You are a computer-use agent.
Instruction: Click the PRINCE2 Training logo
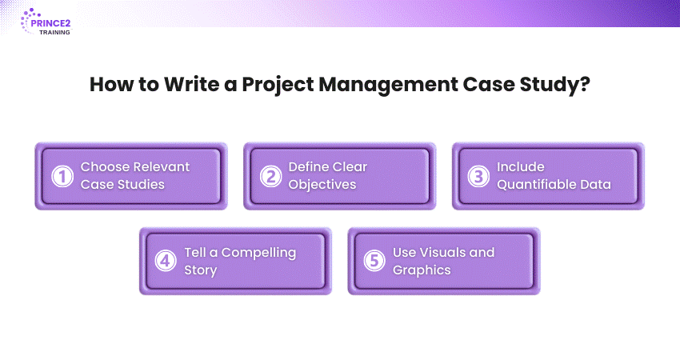(x=46, y=22)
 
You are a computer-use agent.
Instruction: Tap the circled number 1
(x=62, y=176)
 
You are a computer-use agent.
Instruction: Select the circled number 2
(x=270, y=176)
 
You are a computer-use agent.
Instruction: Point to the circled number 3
(x=478, y=176)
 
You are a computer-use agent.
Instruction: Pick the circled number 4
(x=166, y=261)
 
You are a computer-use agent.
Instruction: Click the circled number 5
(x=374, y=261)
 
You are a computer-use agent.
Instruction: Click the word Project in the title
(x=278, y=85)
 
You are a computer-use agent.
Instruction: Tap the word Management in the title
(x=388, y=85)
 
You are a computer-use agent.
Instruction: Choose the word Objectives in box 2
(x=322, y=185)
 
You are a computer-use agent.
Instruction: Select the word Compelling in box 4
(x=259, y=253)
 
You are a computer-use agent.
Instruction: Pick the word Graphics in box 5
(x=422, y=270)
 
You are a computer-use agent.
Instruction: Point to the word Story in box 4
(x=200, y=270)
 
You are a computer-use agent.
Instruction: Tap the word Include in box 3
(x=521, y=166)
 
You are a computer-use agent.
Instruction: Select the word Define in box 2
(x=306, y=166)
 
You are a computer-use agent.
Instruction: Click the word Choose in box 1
(x=105, y=166)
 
